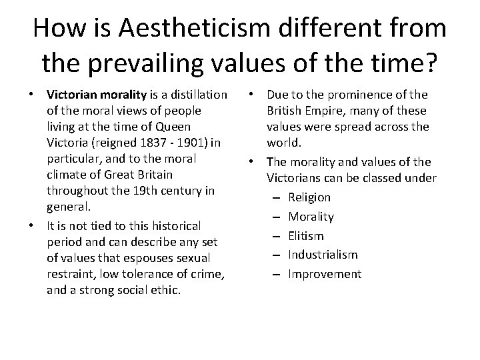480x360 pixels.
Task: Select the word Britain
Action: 153,174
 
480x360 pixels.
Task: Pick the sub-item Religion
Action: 309,197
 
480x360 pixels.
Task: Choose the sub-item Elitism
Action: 306,235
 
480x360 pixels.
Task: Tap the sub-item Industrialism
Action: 323,255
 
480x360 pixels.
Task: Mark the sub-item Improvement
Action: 325,274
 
